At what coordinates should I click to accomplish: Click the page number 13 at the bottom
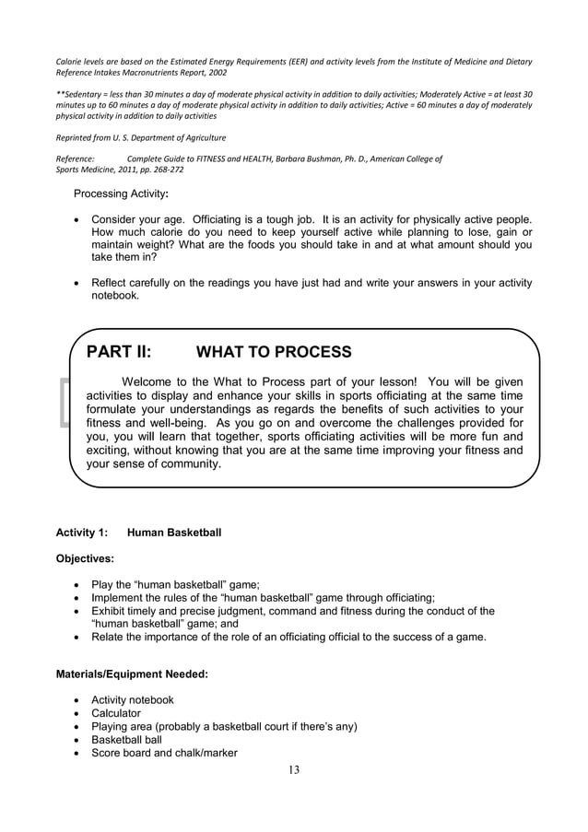(293, 770)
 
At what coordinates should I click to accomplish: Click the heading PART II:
(119, 352)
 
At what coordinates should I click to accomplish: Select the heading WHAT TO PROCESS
(274, 352)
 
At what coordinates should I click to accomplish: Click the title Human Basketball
(174, 533)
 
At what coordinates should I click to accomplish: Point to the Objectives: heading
(86, 558)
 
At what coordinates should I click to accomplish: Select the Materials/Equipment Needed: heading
(132, 674)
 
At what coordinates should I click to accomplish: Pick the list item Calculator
(116, 713)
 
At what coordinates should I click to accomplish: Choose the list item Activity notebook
(132, 700)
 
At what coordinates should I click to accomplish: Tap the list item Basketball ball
(126, 740)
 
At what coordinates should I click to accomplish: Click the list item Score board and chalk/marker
(164, 753)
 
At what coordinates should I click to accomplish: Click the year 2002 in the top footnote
(217, 72)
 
